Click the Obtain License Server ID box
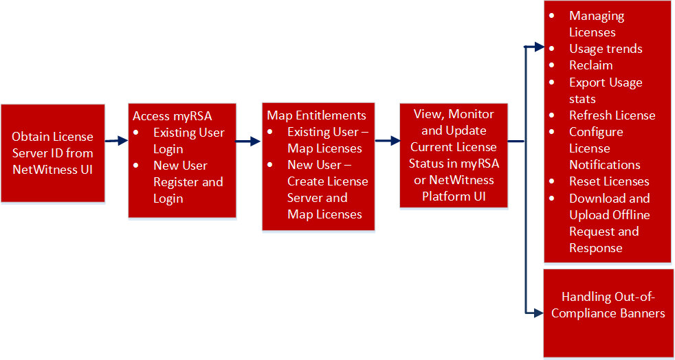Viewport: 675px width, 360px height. [53, 153]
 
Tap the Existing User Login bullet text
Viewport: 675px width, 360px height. [188, 140]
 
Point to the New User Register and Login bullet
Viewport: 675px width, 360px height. [188, 182]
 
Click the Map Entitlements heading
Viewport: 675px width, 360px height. [316, 115]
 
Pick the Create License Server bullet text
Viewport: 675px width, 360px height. [327, 190]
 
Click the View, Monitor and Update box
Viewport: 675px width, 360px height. [453, 155]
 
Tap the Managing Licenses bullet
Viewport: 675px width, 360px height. [596, 24]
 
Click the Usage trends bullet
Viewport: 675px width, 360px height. [606, 49]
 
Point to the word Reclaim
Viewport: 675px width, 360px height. [590, 65]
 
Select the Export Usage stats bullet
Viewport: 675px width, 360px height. [605, 90]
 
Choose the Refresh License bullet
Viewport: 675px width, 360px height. [612, 115]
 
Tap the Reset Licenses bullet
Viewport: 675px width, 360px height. [609, 181]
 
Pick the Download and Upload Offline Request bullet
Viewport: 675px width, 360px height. [609, 223]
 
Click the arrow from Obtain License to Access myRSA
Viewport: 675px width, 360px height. [116, 141]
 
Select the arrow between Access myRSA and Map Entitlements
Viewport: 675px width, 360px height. [249, 142]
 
